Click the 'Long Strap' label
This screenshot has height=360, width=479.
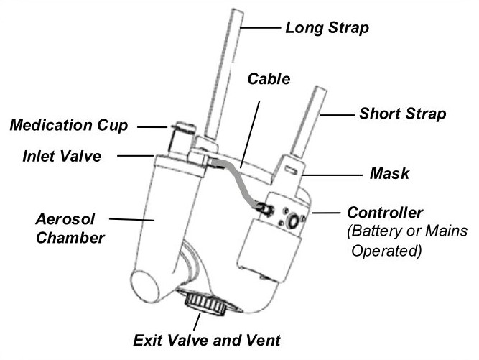[327, 29]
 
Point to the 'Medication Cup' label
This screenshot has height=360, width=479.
[68, 126]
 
